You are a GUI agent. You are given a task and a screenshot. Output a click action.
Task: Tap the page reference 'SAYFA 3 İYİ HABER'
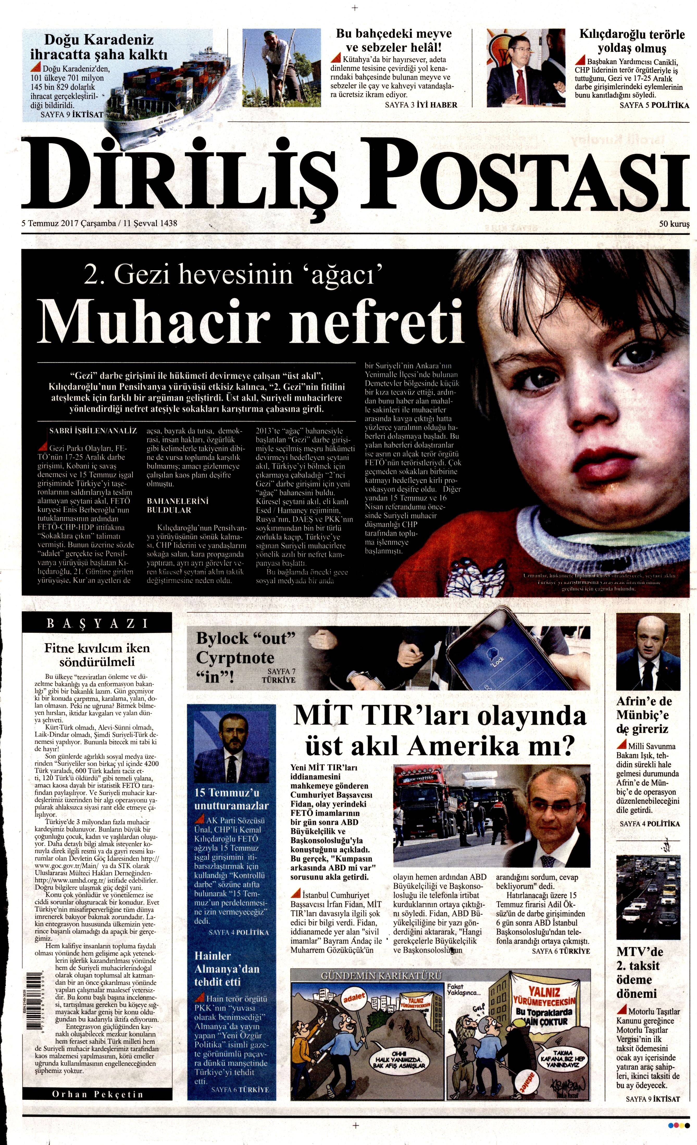[421, 105]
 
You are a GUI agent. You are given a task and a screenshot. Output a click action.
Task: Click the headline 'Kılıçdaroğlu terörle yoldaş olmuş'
[631, 41]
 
